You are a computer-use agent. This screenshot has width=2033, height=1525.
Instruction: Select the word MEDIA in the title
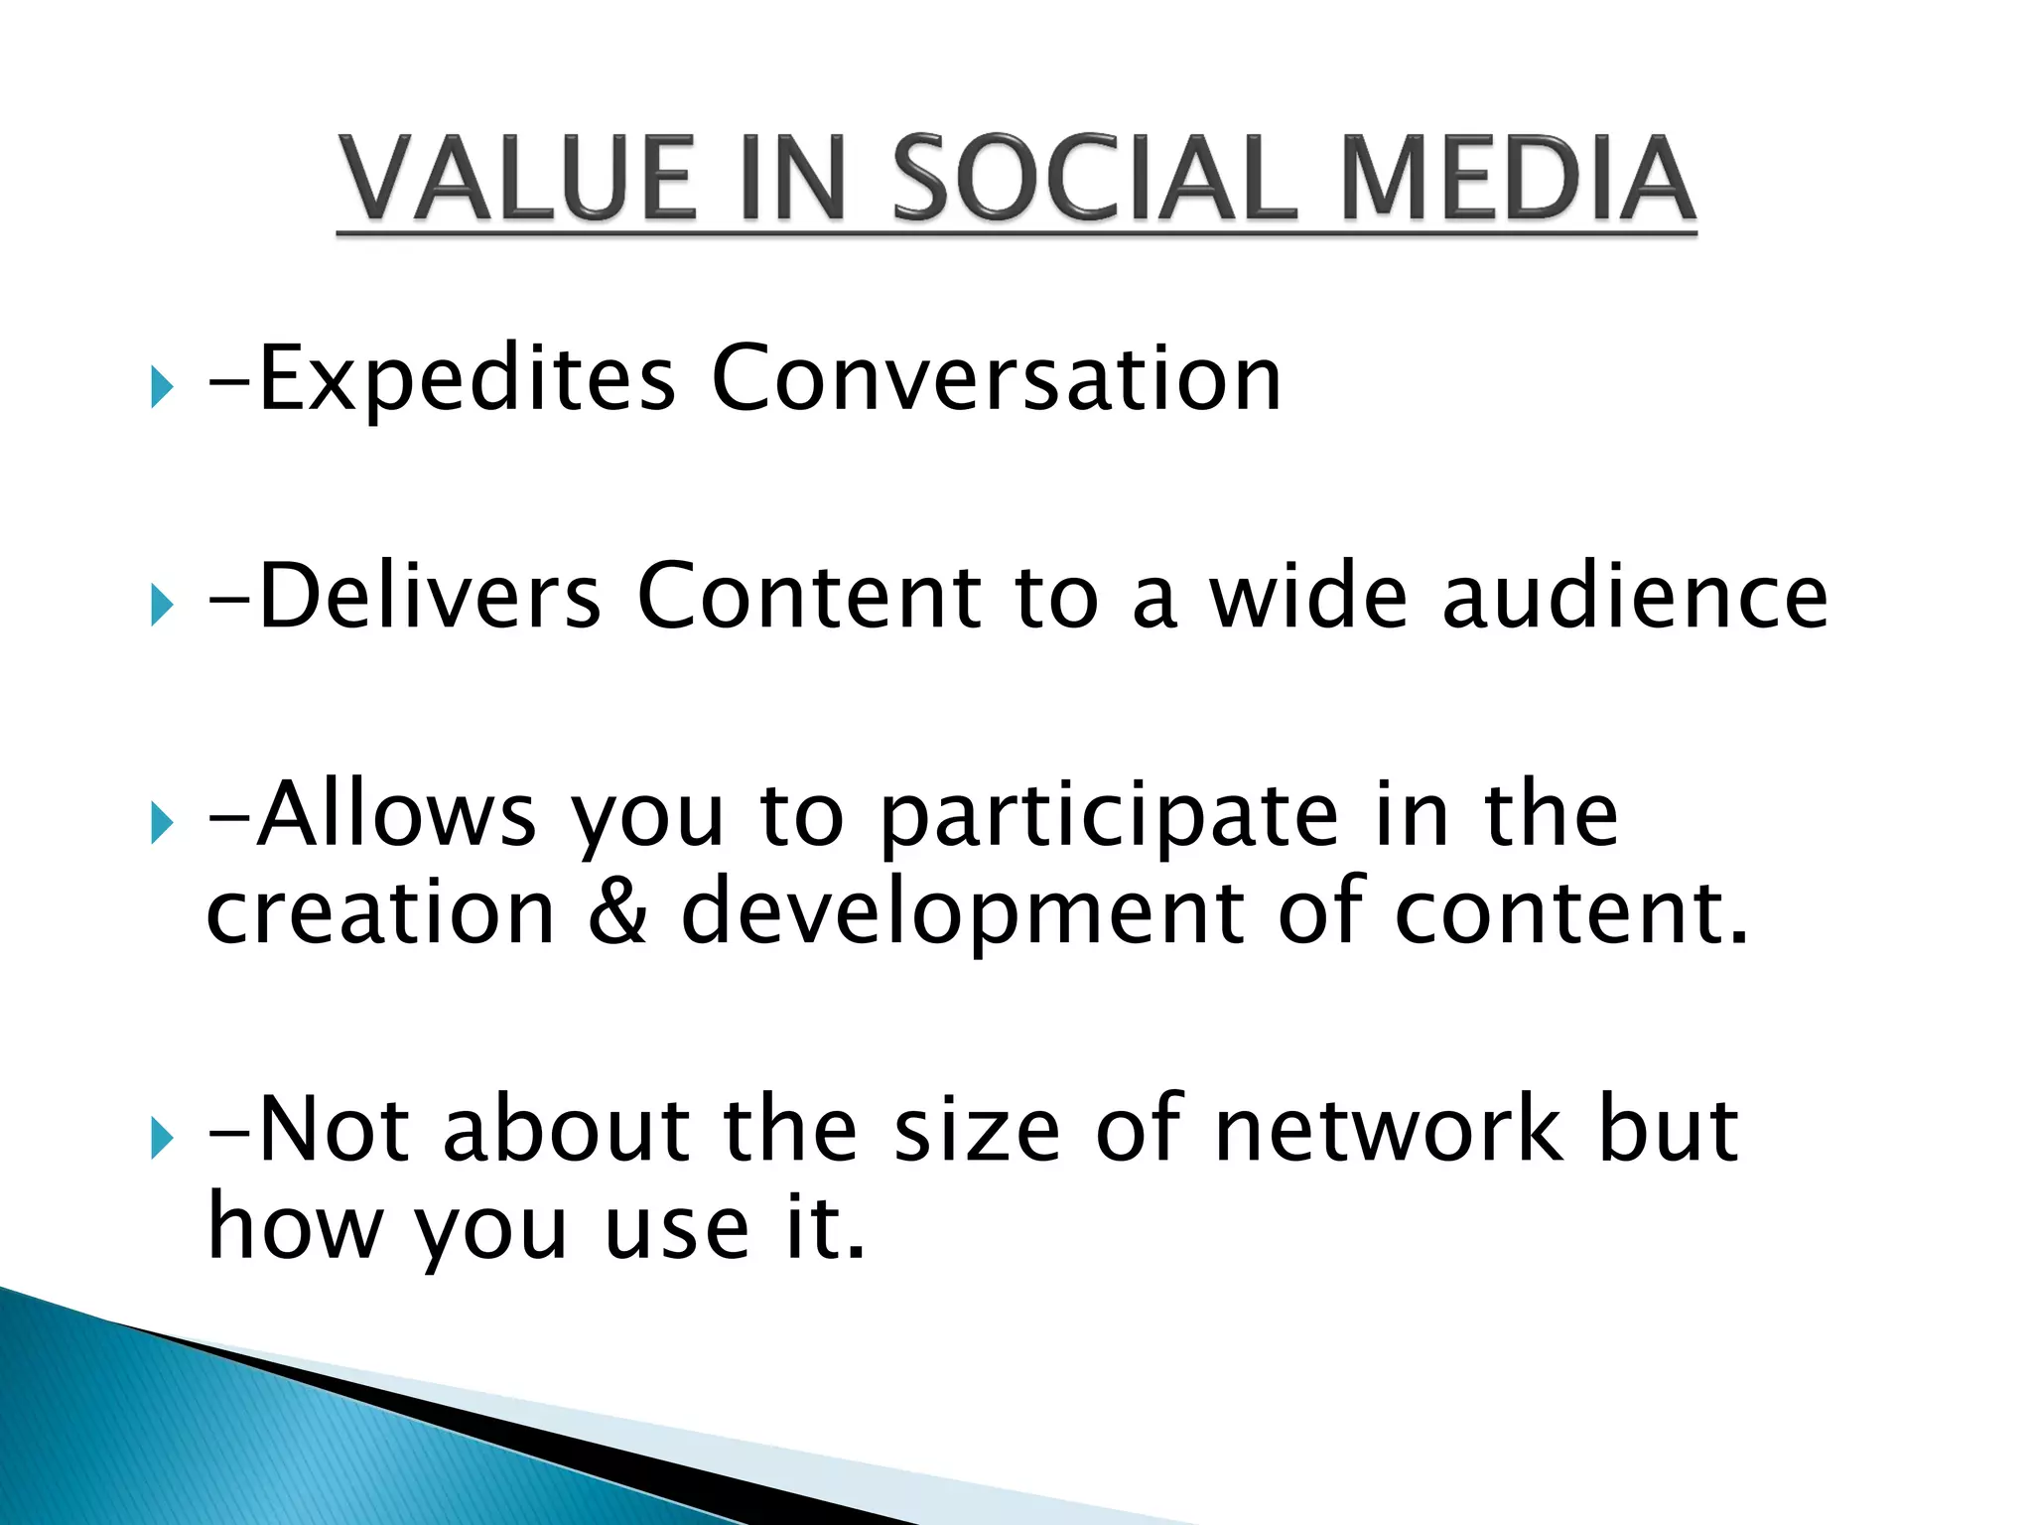1518,179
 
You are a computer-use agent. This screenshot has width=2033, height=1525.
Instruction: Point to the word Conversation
997,379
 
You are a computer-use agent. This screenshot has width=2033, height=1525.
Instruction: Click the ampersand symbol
617,911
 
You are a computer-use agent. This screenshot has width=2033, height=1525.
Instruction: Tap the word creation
380,911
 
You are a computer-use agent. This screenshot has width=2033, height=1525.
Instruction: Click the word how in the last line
294,1227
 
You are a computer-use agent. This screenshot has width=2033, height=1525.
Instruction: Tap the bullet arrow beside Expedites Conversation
161,386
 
